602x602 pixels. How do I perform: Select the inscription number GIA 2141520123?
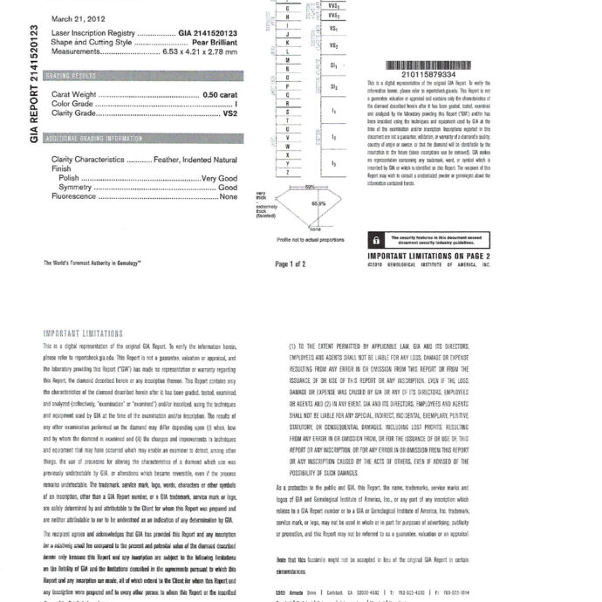(x=209, y=32)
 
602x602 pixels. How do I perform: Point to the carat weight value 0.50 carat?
(x=220, y=93)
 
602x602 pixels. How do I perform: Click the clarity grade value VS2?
(x=230, y=113)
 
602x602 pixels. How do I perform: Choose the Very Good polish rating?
(x=220, y=177)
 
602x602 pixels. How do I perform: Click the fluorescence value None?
(x=229, y=196)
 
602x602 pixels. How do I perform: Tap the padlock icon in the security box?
(x=376, y=239)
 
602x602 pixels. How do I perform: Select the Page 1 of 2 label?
(x=291, y=263)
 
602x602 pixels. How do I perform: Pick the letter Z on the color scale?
(x=288, y=173)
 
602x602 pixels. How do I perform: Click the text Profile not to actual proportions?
(x=309, y=238)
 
